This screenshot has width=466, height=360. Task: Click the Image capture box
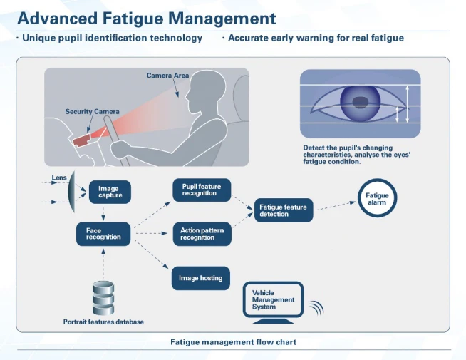pyautogui.click(x=110, y=191)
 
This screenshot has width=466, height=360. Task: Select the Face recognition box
pyautogui.click(x=103, y=234)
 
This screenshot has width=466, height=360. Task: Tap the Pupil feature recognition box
pyautogui.click(x=202, y=190)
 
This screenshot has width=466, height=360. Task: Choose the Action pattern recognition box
pyautogui.click(x=202, y=234)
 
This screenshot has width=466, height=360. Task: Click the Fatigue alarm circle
pyautogui.click(x=377, y=198)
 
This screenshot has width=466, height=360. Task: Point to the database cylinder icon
pyautogui.click(x=103, y=297)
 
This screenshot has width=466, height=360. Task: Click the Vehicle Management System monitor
pyautogui.click(x=274, y=300)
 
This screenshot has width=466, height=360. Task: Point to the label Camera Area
pyautogui.click(x=167, y=76)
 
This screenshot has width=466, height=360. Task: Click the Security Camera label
pyautogui.click(x=92, y=112)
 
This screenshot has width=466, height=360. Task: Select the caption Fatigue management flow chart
pyautogui.click(x=233, y=342)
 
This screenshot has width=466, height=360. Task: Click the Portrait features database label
pyautogui.click(x=103, y=322)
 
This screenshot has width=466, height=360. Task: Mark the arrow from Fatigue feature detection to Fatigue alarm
pyautogui.click(x=334, y=206)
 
